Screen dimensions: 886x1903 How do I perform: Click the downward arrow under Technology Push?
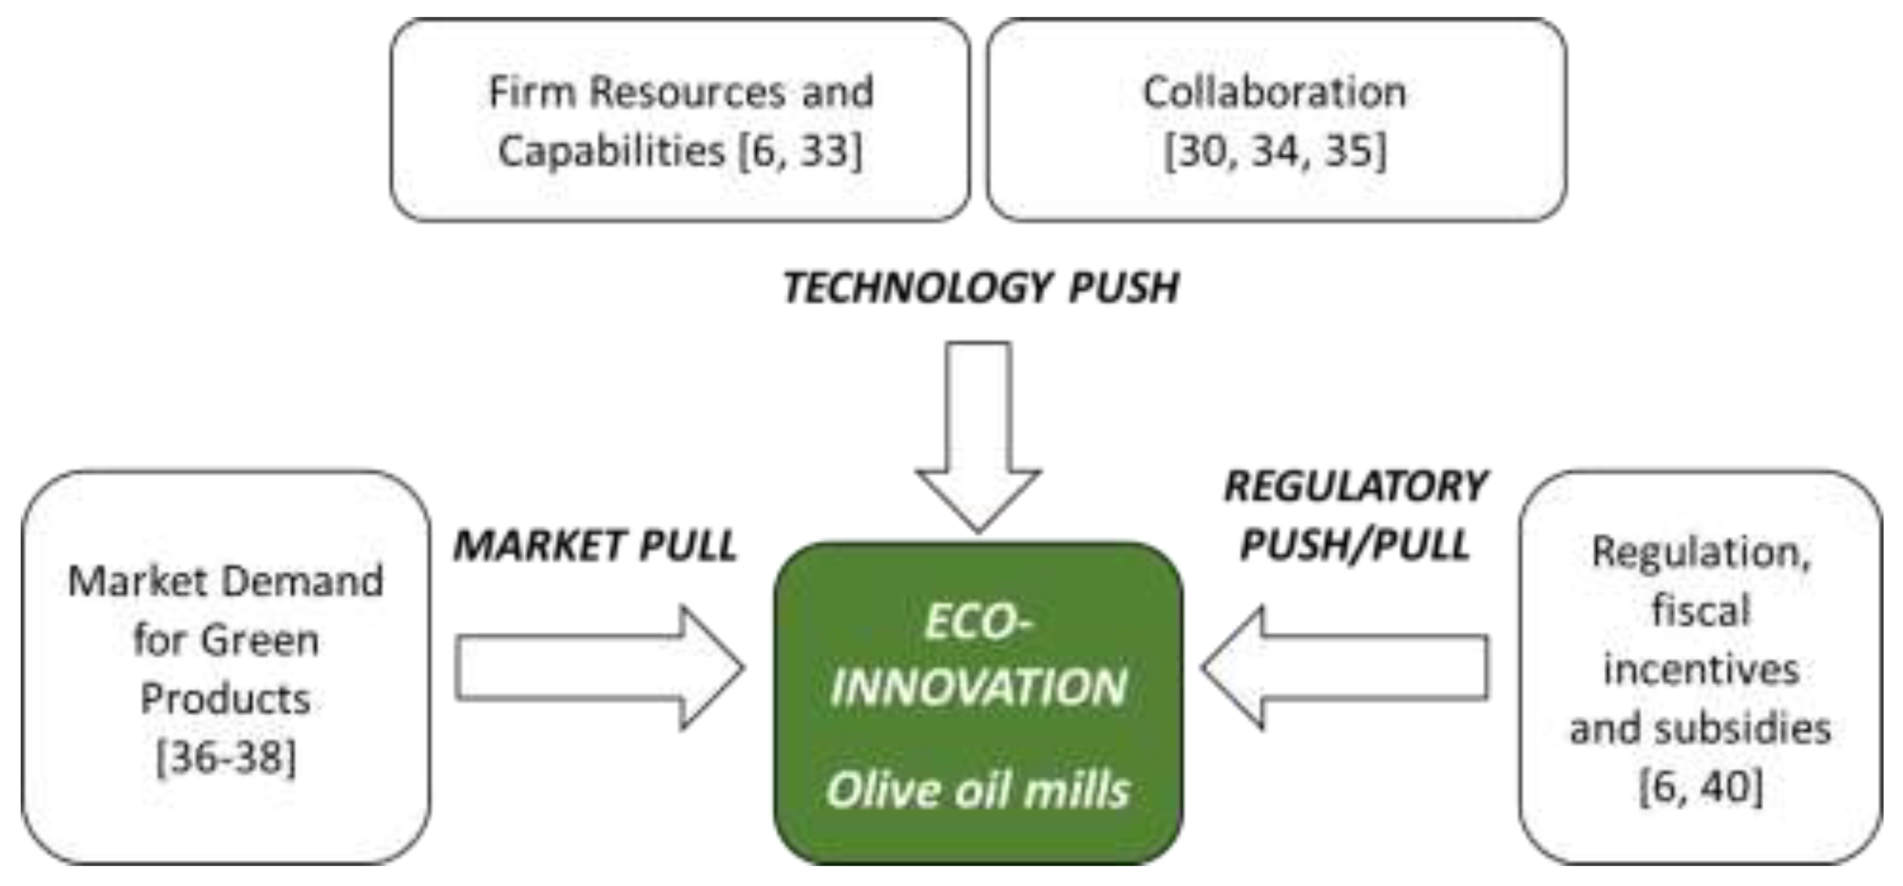tap(978, 436)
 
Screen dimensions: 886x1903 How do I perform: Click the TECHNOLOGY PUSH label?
tap(980, 287)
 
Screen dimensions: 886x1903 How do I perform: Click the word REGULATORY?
tap(1356, 487)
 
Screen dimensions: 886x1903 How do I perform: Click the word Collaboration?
tap(1274, 93)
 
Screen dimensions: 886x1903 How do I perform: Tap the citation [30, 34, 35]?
tap(1275, 151)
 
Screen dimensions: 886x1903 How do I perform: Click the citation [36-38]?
tap(226, 757)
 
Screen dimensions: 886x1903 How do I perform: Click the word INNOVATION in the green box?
tap(978, 687)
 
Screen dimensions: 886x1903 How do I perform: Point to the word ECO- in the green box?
tap(978, 622)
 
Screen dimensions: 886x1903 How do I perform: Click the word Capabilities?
tap(612, 151)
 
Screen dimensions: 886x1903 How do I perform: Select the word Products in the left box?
tap(225, 698)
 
